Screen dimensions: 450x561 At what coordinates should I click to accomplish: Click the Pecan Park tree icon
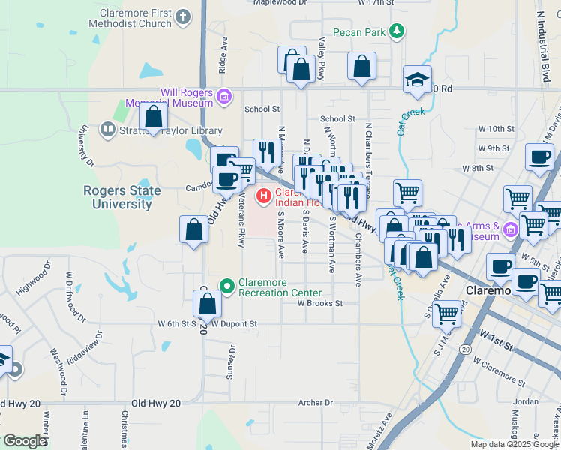[x=396, y=31]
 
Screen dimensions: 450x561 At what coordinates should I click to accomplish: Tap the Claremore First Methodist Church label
[x=135, y=19]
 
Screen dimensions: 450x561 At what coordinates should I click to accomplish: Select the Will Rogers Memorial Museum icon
[x=223, y=95]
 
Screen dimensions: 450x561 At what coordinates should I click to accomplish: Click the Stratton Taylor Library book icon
[x=108, y=130]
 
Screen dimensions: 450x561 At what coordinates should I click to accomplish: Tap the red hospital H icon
[x=264, y=196]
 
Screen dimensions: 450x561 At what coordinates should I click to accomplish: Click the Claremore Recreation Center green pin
[x=228, y=284]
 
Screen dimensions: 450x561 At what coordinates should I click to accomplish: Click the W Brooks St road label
[x=319, y=304]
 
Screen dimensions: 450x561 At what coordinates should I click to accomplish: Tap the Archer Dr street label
[x=315, y=403]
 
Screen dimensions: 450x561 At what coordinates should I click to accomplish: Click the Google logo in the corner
[x=25, y=441]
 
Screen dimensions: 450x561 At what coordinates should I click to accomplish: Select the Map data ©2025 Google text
[x=514, y=444]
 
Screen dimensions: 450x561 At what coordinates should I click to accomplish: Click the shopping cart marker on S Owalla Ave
[x=446, y=312]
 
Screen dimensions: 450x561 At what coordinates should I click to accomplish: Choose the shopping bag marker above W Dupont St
[x=208, y=304]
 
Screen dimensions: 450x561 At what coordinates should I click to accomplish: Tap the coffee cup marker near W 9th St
[x=539, y=157]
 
